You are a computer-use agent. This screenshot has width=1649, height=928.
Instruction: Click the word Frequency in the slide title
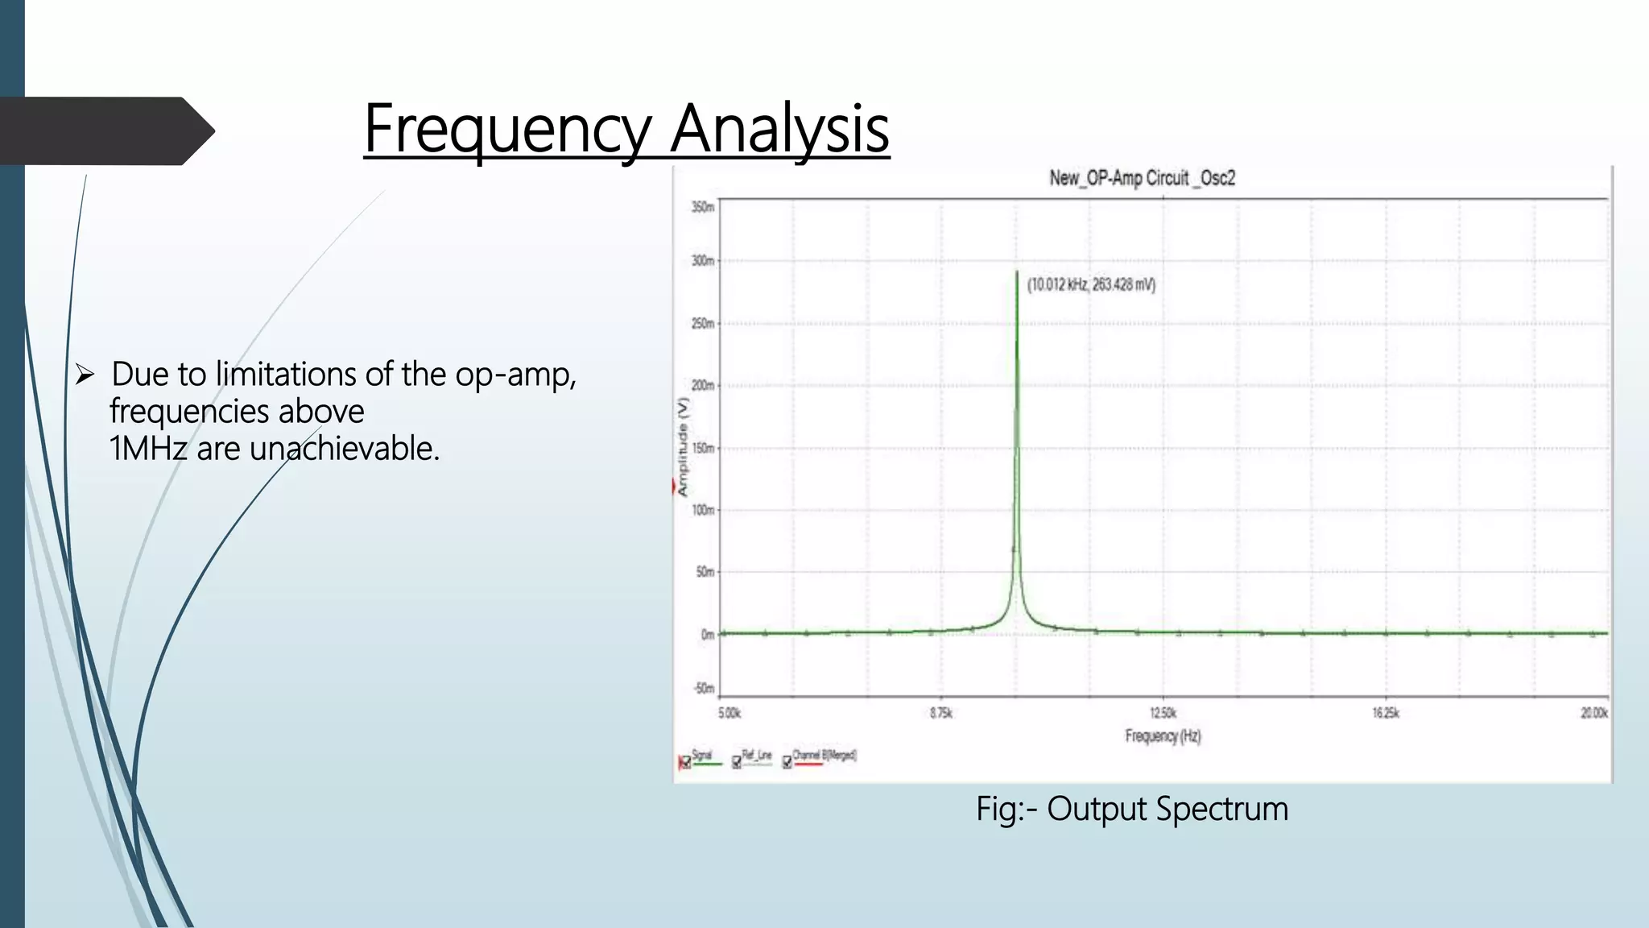tap(506, 129)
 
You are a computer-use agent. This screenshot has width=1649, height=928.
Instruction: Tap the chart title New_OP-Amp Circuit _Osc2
tap(1142, 178)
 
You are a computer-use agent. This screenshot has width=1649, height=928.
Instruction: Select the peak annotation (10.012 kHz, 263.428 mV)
tap(1091, 284)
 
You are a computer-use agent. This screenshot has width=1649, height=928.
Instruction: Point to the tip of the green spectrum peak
tap(1017, 273)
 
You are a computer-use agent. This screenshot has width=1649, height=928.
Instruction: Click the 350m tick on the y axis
tap(702, 207)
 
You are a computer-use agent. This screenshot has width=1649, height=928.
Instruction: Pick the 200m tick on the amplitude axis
tap(702, 385)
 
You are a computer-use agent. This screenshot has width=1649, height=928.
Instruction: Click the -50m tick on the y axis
tap(703, 688)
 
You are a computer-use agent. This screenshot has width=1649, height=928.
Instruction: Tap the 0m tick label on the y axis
tap(706, 634)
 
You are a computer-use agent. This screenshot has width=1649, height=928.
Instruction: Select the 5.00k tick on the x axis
tap(729, 713)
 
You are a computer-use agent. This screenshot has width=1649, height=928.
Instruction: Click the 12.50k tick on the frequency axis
tap(1163, 713)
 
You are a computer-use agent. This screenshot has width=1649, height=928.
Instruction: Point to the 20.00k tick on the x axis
tap(1593, 713)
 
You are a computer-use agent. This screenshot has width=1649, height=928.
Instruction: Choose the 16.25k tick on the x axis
tap(1386, 713)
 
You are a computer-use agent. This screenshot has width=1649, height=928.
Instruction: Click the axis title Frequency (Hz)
tap(1163, 735)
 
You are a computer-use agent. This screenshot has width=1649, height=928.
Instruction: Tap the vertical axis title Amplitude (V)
tap(683, 446)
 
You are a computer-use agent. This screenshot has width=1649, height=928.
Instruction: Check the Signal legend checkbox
tap(686, 762)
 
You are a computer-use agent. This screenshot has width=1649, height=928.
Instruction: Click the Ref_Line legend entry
tap(756, 756)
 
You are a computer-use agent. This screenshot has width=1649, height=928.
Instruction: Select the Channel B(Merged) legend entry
tap(824, 756)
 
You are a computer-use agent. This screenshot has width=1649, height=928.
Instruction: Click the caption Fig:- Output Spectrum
tap(1132, 809)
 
